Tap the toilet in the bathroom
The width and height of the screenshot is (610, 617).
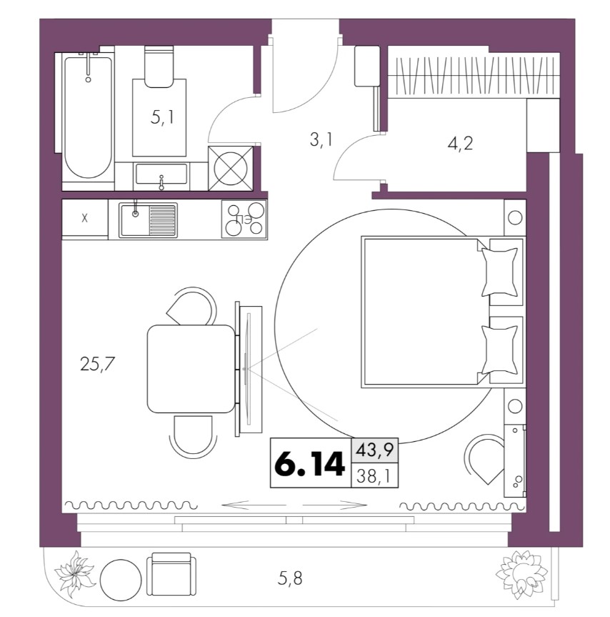click(159, 66)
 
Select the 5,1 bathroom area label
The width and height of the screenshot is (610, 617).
click(162, 117)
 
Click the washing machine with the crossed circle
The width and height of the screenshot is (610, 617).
click(230, 169)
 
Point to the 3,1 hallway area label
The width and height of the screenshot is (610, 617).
click(321, 139)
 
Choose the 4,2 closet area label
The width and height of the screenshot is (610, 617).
click(460, 143)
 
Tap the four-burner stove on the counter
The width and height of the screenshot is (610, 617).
click(244, 219)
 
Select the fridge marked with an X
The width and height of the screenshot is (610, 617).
click(85, 218)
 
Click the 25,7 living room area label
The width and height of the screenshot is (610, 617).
click(97, 364)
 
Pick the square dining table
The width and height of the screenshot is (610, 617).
click(191, 369)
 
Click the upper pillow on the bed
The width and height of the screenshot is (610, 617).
click(499, 272)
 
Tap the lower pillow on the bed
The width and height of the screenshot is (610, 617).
click(499, 350)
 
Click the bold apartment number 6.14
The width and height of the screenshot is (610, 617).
click(310, 464)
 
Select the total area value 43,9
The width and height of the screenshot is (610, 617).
click(374, 450)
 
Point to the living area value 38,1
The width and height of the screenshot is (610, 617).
click(374, 477)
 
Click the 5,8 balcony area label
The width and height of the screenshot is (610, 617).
click(290, 578)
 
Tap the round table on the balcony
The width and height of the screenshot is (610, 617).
click(120, 580)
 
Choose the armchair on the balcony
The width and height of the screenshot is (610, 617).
click(171, 574)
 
